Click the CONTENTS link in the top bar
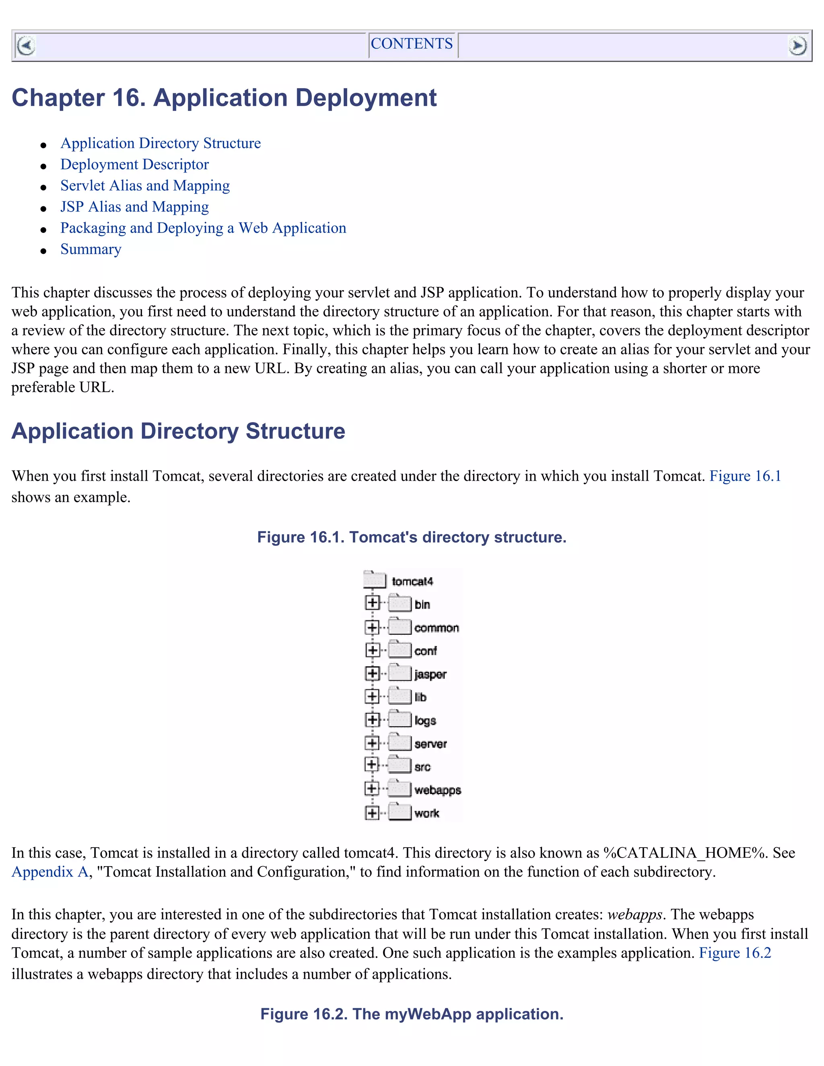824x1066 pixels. (x=412, y=44)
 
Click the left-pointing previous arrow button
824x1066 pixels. (x=26, y=46)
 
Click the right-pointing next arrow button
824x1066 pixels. (x=797, y=46)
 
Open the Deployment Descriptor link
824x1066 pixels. (x=134, y=165)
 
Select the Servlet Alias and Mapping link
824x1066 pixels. (x=145, y=186)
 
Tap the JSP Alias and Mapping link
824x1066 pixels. (x=134, y=207)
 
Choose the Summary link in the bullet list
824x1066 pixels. (x=91, y=249)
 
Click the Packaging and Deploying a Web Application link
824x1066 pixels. (x=203, y=228)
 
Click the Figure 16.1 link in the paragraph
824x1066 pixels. (x=745, y=476)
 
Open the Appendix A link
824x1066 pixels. (x=49, y=872)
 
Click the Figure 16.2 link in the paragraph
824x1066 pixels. (x=735, y=953)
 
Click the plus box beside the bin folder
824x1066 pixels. (x=372, y=603)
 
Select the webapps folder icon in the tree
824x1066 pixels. (x=400, y=788)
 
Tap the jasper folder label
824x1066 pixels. (x=430, y=675)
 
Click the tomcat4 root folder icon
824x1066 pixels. (x=375, y=580)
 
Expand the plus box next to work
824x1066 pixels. (x=372, y=813)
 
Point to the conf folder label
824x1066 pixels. (x=425, y=651)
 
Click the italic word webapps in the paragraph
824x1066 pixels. (x=634, y=914)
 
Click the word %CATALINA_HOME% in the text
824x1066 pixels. (x=685, y=853)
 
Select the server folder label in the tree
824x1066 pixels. (x=431, y=744)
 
